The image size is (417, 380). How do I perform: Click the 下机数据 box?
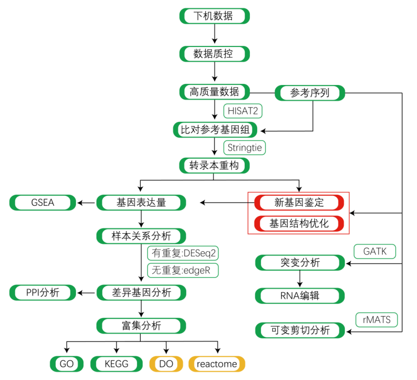click(214, 16)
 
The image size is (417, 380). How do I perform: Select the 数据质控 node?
click(214, 54)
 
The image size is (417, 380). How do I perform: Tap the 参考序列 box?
click(310, 93)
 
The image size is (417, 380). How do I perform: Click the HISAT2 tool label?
click(243, 111)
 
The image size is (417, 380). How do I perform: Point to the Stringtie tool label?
click(245, 147)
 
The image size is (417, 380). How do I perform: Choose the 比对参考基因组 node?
click(214, 129)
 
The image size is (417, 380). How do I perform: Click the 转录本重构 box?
click(214, 166)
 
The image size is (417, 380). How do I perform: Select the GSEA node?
click(42, 202)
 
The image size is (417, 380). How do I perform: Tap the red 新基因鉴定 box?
click(299, 202)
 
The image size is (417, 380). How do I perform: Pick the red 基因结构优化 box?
click(299, 223)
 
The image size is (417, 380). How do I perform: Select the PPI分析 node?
click(42, 292)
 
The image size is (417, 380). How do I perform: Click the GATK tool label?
click(374, 251)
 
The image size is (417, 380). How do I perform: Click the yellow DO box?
click(166, 364)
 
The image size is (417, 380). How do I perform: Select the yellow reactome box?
click(217, 364)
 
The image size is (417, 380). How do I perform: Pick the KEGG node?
click(117, 364)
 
